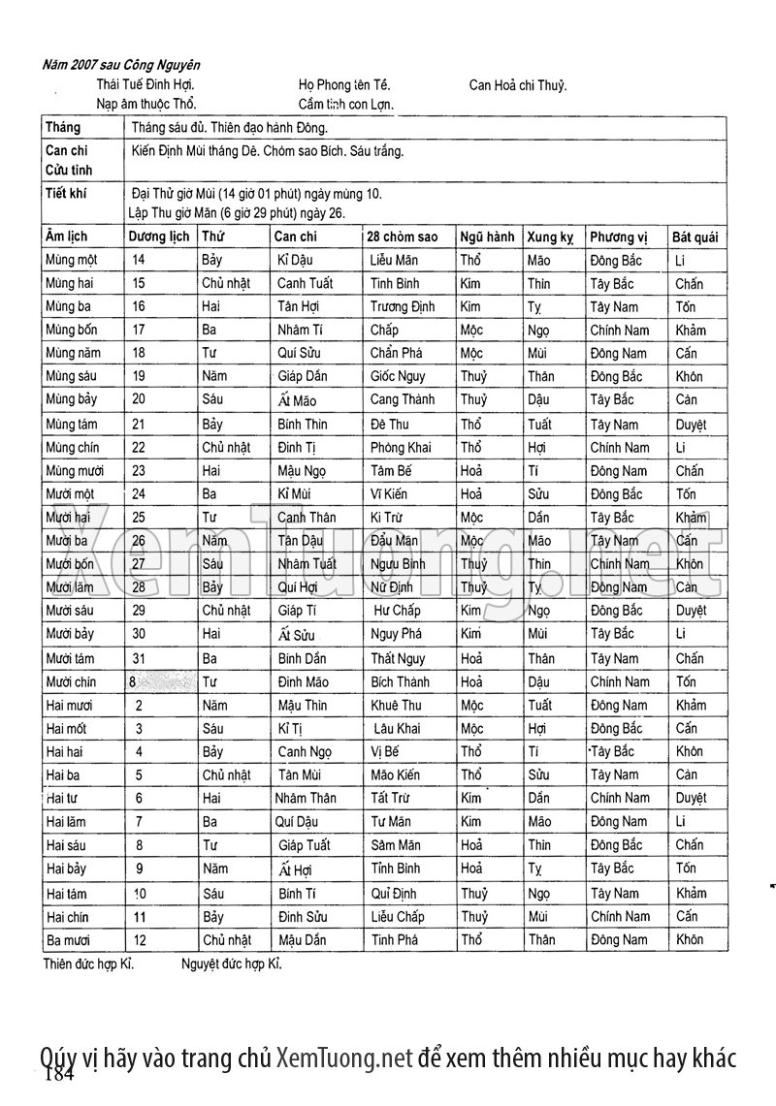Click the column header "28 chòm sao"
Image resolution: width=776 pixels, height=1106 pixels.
[402, 237]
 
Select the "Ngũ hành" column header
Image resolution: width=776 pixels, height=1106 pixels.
[487, 237]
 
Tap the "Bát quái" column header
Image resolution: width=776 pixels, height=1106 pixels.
[695, 237]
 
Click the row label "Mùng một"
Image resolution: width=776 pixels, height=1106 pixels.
[72, 260]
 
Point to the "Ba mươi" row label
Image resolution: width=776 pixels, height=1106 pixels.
[69, 939]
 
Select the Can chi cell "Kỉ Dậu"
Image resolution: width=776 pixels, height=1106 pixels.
[297, 260]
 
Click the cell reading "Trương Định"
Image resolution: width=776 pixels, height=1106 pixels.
[403, 306]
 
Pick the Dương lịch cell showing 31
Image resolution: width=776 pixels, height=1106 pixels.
[137, 658]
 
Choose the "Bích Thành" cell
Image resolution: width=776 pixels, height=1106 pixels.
[400, 681]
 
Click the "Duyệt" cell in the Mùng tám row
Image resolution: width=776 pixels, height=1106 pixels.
[691, 425]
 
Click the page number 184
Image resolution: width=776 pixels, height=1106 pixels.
[59, 1074]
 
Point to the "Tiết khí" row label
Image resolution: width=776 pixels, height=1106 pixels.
[66, 193]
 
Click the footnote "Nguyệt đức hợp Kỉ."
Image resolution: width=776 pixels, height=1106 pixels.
[232, 964]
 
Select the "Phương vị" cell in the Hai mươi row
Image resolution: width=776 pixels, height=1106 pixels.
[619, 705]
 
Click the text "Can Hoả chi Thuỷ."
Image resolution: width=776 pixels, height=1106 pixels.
[518, 84]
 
